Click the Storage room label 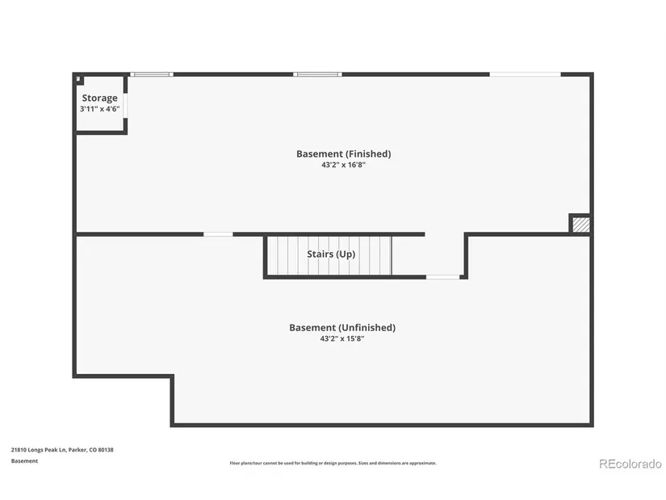click(100, 99)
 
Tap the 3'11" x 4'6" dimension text click(100, 109)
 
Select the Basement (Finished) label click(344, 154)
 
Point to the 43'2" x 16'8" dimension click(344, 165)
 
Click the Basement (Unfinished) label click(342, 328)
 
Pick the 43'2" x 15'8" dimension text click(342, 339)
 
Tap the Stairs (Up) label click(331, 254)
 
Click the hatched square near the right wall click(581, 225)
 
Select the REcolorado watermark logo click(630, 464)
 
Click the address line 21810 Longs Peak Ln click(62, 450)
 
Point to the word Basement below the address click(25, 461)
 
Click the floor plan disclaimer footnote click(333, 463)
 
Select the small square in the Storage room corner click(79, 79)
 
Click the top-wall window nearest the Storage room click(152, 74)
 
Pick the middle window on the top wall click(317, 74)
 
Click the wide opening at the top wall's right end click(526, 74)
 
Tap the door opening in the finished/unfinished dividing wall click(218, 234)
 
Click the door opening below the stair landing click(443, 277)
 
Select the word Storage click(100, 99)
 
